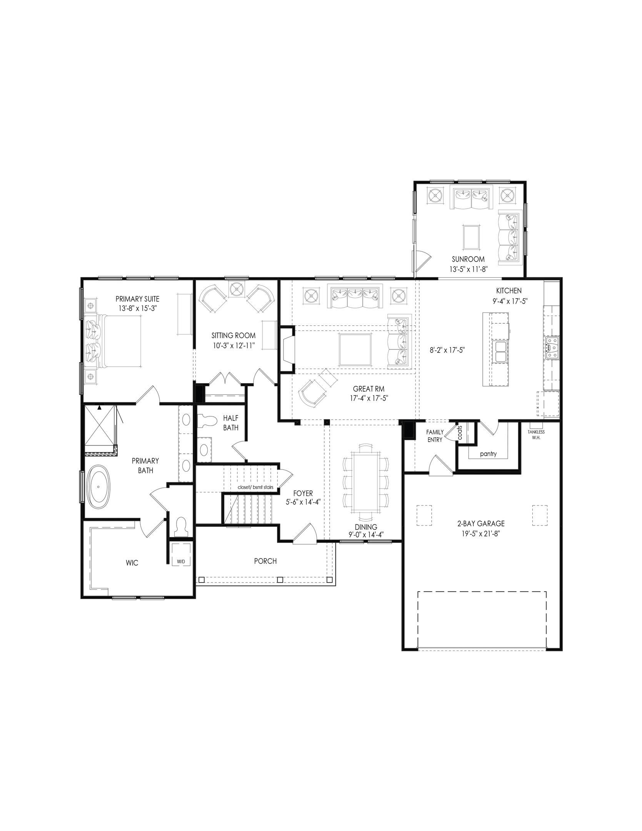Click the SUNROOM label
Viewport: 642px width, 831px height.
click(x=468, y=259)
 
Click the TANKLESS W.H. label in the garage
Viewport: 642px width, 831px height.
click(x=536, y=435)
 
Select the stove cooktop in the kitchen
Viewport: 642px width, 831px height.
click(x=552, y=348)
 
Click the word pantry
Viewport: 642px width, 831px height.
click(x=488, y=454)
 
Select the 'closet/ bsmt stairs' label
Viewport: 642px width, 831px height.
click(x=255, y=487)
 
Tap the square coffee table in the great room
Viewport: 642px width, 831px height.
click(x=355, y=350)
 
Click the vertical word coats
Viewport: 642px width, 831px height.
click(x=460, y=432)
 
